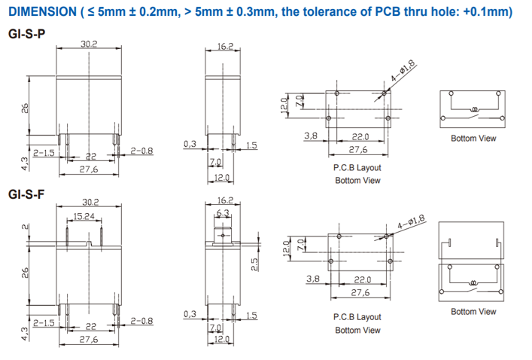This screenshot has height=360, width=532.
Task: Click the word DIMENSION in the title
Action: [x=42, y=12]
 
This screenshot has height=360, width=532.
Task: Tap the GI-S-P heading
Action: [x=26, y=34]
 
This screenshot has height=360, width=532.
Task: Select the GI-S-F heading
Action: [x=26, y=194]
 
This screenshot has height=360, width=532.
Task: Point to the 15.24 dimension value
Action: [x=84, y=216]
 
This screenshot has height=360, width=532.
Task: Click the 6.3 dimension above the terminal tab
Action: [x=223, y=213]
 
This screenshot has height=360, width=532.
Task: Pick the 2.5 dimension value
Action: [x=254, y=264]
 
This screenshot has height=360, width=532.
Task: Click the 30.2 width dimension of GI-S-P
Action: [x=89, y=44]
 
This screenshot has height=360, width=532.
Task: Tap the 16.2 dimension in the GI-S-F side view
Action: [x=225, y=200]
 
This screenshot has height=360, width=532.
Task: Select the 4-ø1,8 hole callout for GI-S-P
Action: [x=403, y=71]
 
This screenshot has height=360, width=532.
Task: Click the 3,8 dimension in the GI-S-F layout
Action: [x=313, y=279]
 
